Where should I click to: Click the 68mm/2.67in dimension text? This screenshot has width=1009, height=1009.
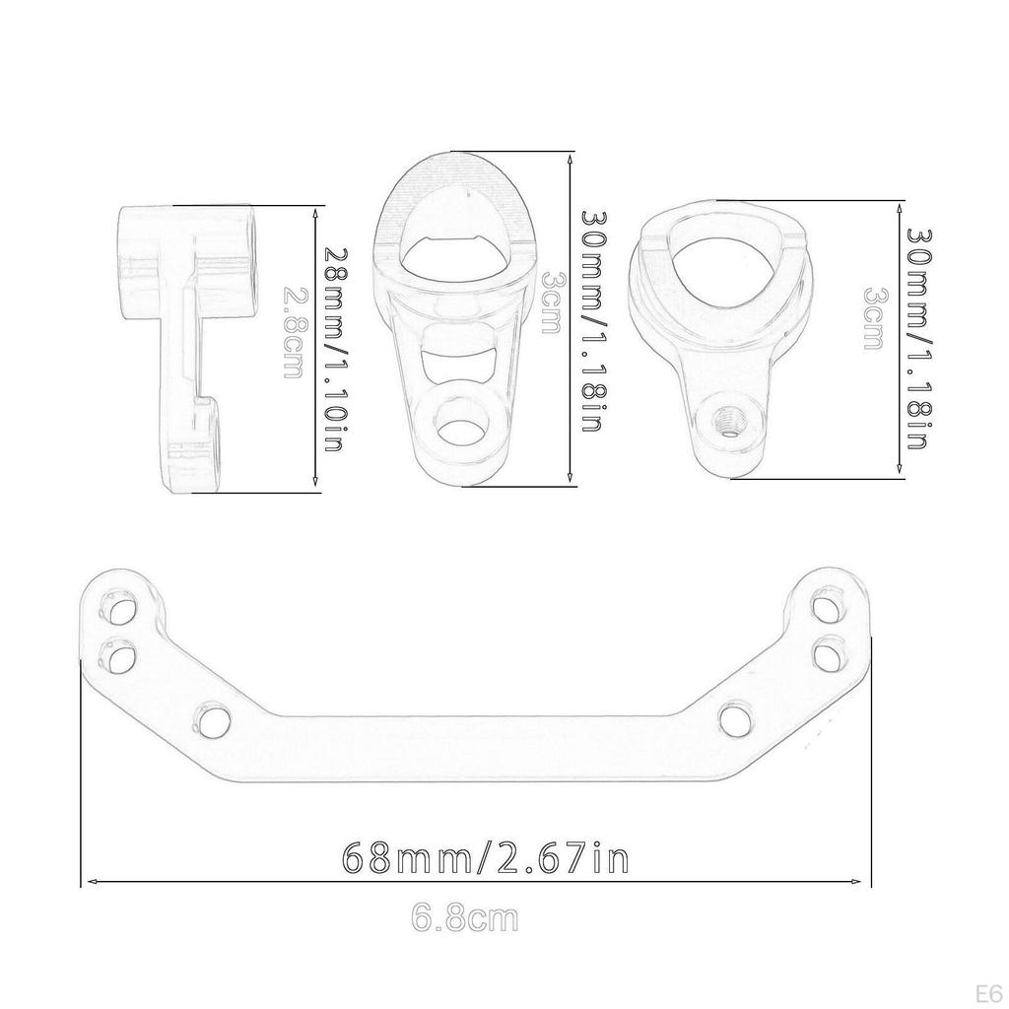[484, 857]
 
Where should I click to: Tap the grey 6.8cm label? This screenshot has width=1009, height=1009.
[464, 919]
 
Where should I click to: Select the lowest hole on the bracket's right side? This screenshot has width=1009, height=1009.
[735, 719]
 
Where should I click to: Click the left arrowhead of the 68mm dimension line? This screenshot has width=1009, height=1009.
[89, 882]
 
